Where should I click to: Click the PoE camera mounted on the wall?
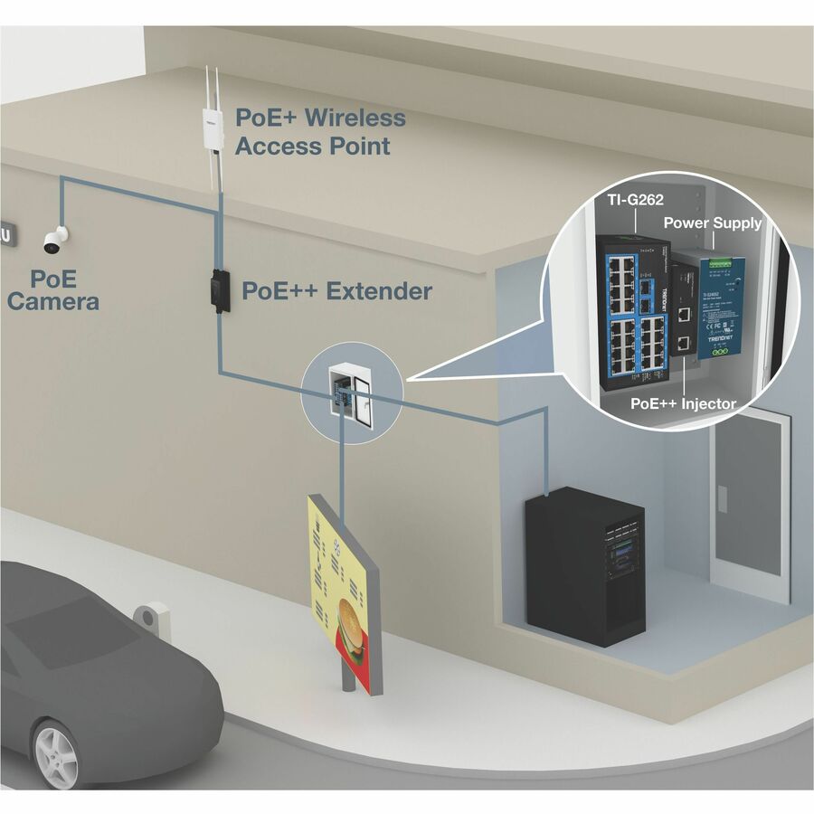55,239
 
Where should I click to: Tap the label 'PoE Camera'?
52,289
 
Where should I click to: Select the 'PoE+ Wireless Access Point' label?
319,131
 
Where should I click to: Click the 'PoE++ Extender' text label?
336,291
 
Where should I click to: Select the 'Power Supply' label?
713,222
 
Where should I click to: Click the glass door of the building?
751,506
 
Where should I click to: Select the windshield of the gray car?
54,624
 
